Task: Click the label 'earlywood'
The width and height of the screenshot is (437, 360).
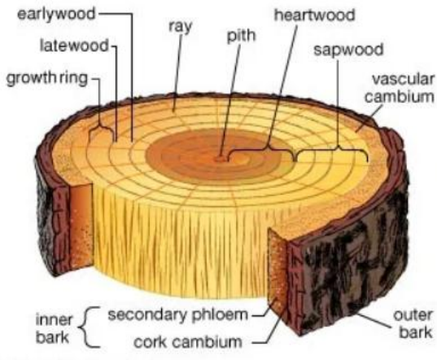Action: pos(56,14)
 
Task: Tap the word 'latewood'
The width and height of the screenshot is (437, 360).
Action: pos(74,45)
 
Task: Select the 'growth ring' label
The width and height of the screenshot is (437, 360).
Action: pos(47,78)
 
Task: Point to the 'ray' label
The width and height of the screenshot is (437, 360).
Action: pos(181,27)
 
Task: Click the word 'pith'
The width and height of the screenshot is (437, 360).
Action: pos(241,36)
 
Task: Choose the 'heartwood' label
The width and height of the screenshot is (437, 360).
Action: pos(315,15)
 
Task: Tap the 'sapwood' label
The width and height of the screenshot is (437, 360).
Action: pos(348,50)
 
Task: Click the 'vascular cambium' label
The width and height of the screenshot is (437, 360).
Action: pos(400,88)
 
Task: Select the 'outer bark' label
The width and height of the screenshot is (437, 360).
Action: pos(413,324)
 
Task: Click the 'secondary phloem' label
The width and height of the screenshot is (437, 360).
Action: pos(177,315)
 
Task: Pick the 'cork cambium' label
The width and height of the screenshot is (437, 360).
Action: pos(188,342)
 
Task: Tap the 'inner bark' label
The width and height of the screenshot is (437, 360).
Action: pos(54,328)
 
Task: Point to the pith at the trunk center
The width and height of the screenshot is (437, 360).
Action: pos(221,159)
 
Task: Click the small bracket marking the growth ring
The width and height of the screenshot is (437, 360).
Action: pos(102,127)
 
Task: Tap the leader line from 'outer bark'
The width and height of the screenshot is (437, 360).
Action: pos(373,321)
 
